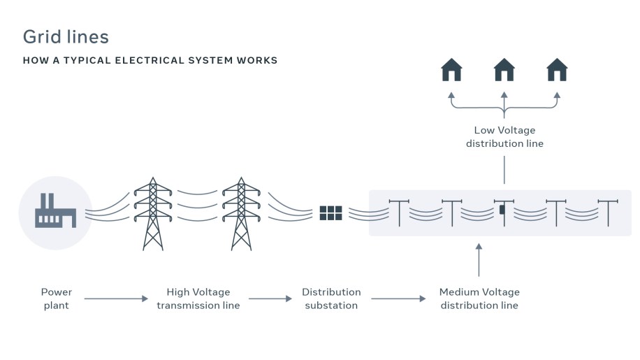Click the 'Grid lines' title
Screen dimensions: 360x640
point(66,36)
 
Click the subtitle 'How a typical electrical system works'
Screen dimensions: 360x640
point(150,60)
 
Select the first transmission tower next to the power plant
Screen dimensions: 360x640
point(153,214)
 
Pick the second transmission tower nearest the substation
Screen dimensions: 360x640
point(241,214)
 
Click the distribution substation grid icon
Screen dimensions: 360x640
point(330,213)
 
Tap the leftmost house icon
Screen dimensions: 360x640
point(451,69)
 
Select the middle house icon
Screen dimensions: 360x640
point(504,69)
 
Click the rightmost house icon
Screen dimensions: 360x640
point(557,69)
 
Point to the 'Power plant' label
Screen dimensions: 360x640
point(57,298)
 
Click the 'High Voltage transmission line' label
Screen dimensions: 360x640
point(198,298)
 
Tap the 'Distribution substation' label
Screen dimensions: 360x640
point(331,298)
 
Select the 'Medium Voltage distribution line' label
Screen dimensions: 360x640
point(479,298)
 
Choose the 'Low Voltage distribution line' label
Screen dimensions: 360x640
point(504,137)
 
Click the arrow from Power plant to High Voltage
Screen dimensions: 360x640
point(116,298)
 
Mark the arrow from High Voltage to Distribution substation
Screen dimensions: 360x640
point(270,298)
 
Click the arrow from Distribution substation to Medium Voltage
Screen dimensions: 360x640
point(398,298)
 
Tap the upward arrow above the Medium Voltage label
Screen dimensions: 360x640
point(479,259)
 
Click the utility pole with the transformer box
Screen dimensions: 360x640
point(504,213)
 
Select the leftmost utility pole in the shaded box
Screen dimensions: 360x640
point(399,213)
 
